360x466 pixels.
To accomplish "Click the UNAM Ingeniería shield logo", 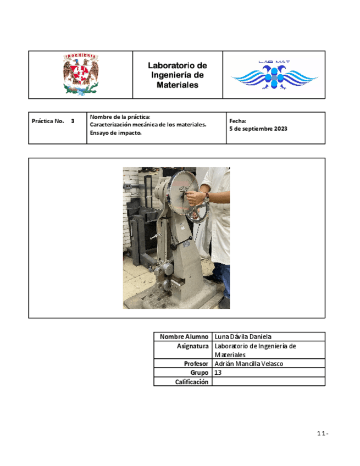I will coord(81,74).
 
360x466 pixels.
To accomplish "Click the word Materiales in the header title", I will coord(177,85).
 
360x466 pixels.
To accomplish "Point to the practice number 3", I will coord(73,120).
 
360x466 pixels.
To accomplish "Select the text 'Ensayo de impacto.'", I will coord(115,133).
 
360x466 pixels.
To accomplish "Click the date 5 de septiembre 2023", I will coord(258,129).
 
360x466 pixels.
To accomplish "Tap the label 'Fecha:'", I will coord(238,121).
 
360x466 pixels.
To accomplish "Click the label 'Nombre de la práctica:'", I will coord(120,116).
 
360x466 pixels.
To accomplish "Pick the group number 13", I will coord(218,373).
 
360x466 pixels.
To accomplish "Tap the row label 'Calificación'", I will coord(192,382).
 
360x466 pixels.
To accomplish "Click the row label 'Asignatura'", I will coord(192,346).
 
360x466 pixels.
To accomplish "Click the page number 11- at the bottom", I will coord(323,434).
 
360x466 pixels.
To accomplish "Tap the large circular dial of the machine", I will coord(184,190).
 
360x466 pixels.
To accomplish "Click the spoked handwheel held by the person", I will coord(199,209).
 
